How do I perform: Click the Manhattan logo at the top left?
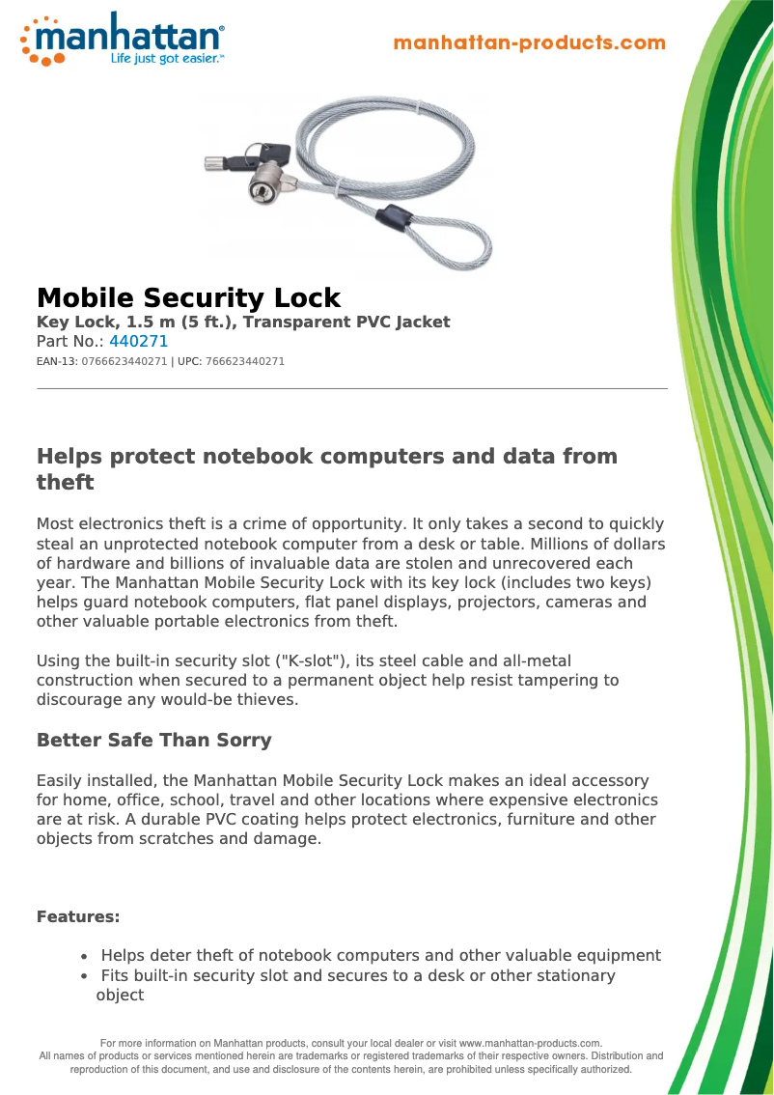[x=123, y=39]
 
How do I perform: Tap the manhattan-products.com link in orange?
[x=530, y=42]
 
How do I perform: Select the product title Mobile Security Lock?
[x=188, y=297]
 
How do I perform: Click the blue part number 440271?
[x=139, y=342]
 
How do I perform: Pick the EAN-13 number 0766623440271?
[x=124, y=362]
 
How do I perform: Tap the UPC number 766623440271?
[x=245, y=362]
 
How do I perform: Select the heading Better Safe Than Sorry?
[x=153, y=741]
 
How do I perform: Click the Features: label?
[x=78, y=916]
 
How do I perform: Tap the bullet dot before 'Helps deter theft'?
[x=85, y=957]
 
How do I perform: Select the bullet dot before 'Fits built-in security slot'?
[x=85, y=977]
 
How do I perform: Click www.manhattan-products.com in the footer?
[x=529, y=1043]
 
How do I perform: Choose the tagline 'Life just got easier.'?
[x=167, y=59]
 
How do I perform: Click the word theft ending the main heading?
[x=65, y=482]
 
